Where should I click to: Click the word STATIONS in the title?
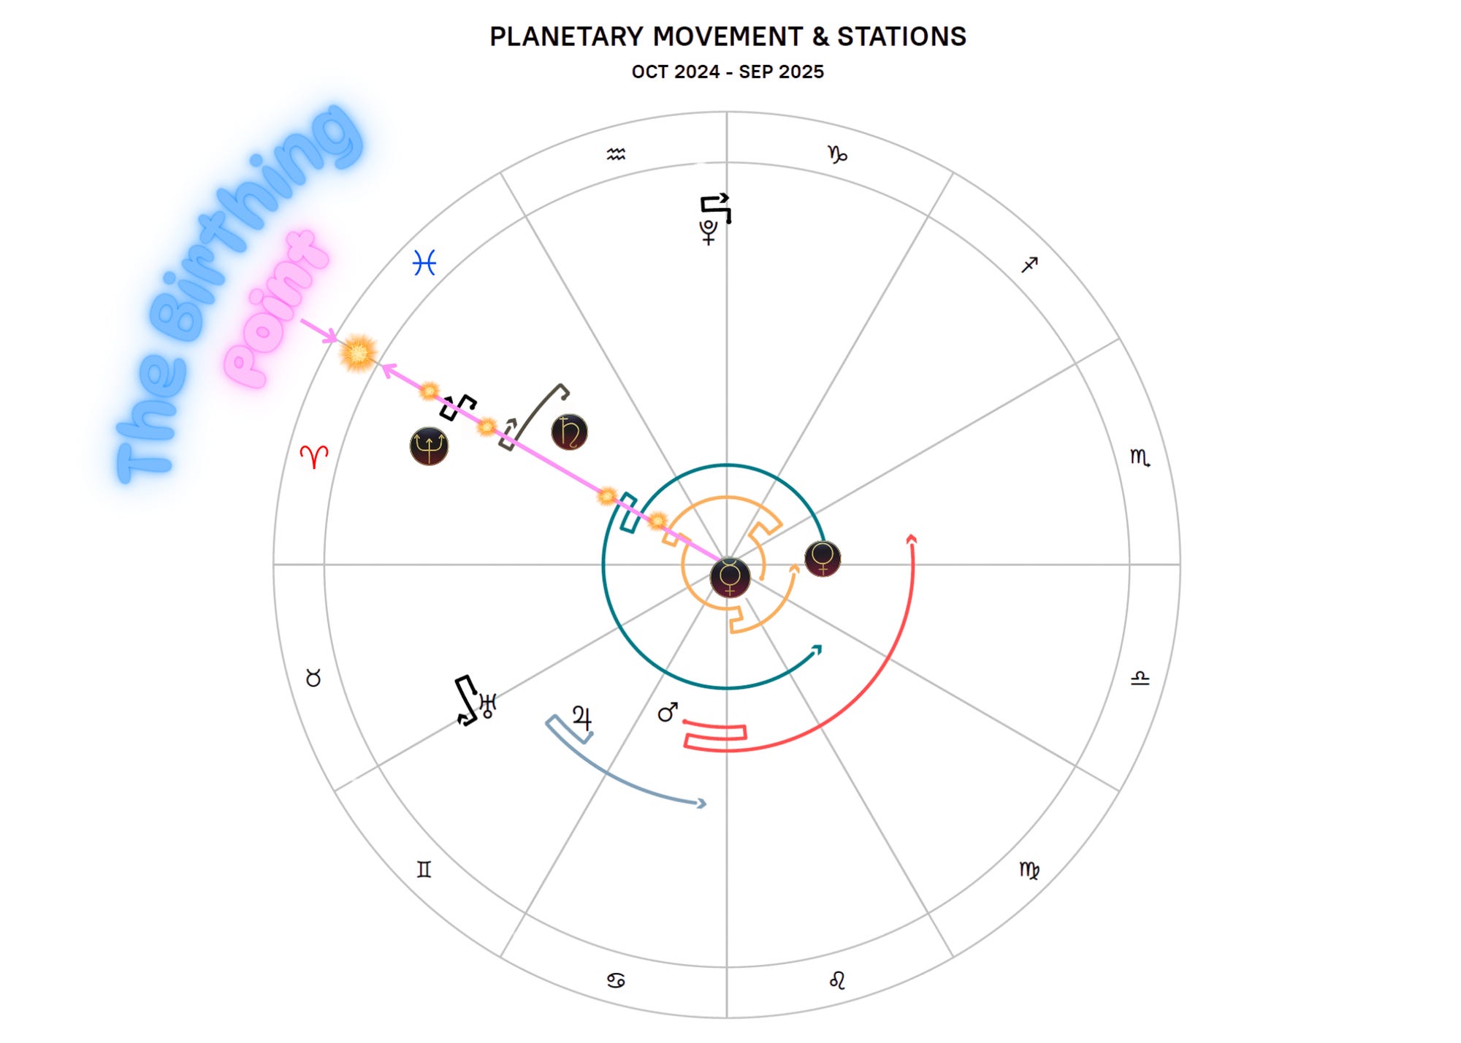[x=901, y=37]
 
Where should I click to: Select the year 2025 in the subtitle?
[x=801, y=72]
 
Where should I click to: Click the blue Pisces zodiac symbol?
[x=424, y=262]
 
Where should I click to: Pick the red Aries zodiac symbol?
[x=314, y=456]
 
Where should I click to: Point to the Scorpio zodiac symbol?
[x=1140, y=457]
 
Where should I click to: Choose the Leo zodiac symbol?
[x=837, y=980]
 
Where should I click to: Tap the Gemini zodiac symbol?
[x=424, y=869]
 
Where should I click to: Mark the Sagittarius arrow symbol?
[x=1029, y=264]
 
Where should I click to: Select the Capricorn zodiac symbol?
[x=837, y=154]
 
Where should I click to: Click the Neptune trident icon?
[x=429, y=446]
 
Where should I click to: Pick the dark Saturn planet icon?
[x=569, y=432]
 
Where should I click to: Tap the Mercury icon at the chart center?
[x=730, y=577]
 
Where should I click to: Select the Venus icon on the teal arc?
[x=823, y=559]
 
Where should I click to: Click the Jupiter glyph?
[x=582, y=718]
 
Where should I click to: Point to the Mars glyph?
[x=668, y=712]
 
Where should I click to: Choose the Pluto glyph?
[x=709, y=232]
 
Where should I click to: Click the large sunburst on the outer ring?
[x=358, y=353]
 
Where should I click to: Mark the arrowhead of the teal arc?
[x=817, y=649]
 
